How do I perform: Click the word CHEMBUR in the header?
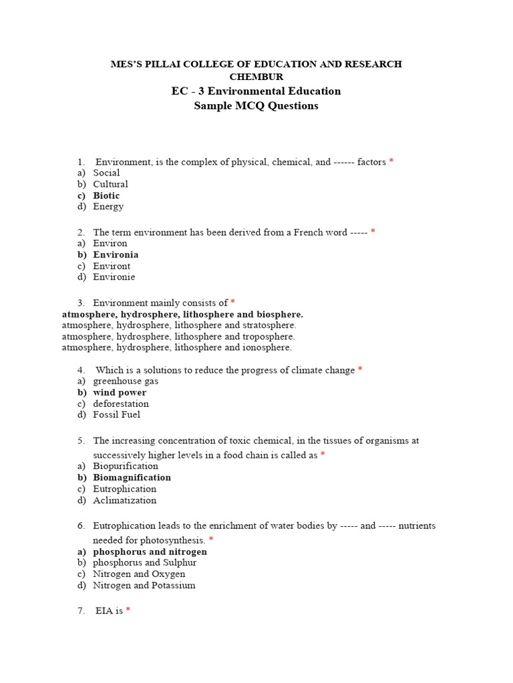(256, 77)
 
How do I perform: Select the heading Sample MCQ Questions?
(256, 106)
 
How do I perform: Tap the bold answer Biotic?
(106, 195)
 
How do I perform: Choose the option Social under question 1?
(106, 173)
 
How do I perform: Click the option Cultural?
(110, 184)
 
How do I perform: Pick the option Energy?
(108, 207)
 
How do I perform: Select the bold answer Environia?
(116, 255)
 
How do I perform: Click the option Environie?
(114, 277)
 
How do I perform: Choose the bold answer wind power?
(120, 393)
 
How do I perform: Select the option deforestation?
(121, 404)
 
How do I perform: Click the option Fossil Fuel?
(116, 415)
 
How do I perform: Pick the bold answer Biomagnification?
(132, 478)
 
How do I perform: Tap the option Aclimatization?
(124, 500)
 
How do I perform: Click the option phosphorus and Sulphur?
(144, 563)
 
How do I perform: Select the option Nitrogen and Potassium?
(144, 586)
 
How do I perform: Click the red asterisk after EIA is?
(128, 610)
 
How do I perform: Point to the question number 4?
(81, 370)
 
